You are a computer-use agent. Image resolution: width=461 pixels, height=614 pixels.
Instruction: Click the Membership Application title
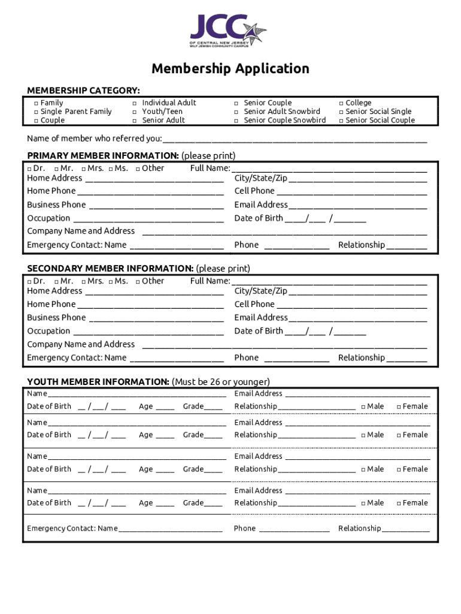point(230,69)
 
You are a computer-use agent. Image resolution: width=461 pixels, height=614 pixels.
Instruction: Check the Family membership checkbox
point(36,103)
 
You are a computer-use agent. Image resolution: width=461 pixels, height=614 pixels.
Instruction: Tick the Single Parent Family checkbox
point(36,112)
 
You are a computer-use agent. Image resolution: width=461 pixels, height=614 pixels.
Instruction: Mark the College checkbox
point(341,103)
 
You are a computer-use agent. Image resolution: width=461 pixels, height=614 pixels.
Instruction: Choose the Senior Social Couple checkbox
point(341,121)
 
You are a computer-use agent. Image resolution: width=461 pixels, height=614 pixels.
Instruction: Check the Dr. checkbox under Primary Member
point(30,169)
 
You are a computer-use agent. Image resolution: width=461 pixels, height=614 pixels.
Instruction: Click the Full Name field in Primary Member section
point(329,169)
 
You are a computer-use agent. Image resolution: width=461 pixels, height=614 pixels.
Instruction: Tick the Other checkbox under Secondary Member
point(138,282)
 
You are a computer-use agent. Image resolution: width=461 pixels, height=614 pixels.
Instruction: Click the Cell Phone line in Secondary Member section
point(352,305)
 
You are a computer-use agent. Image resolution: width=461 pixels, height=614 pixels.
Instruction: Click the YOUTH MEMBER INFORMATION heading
point(98,382)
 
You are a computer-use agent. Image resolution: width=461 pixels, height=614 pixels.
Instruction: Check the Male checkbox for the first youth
point(363,407)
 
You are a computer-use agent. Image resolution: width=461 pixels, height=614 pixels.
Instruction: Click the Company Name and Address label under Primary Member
point(81,231)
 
